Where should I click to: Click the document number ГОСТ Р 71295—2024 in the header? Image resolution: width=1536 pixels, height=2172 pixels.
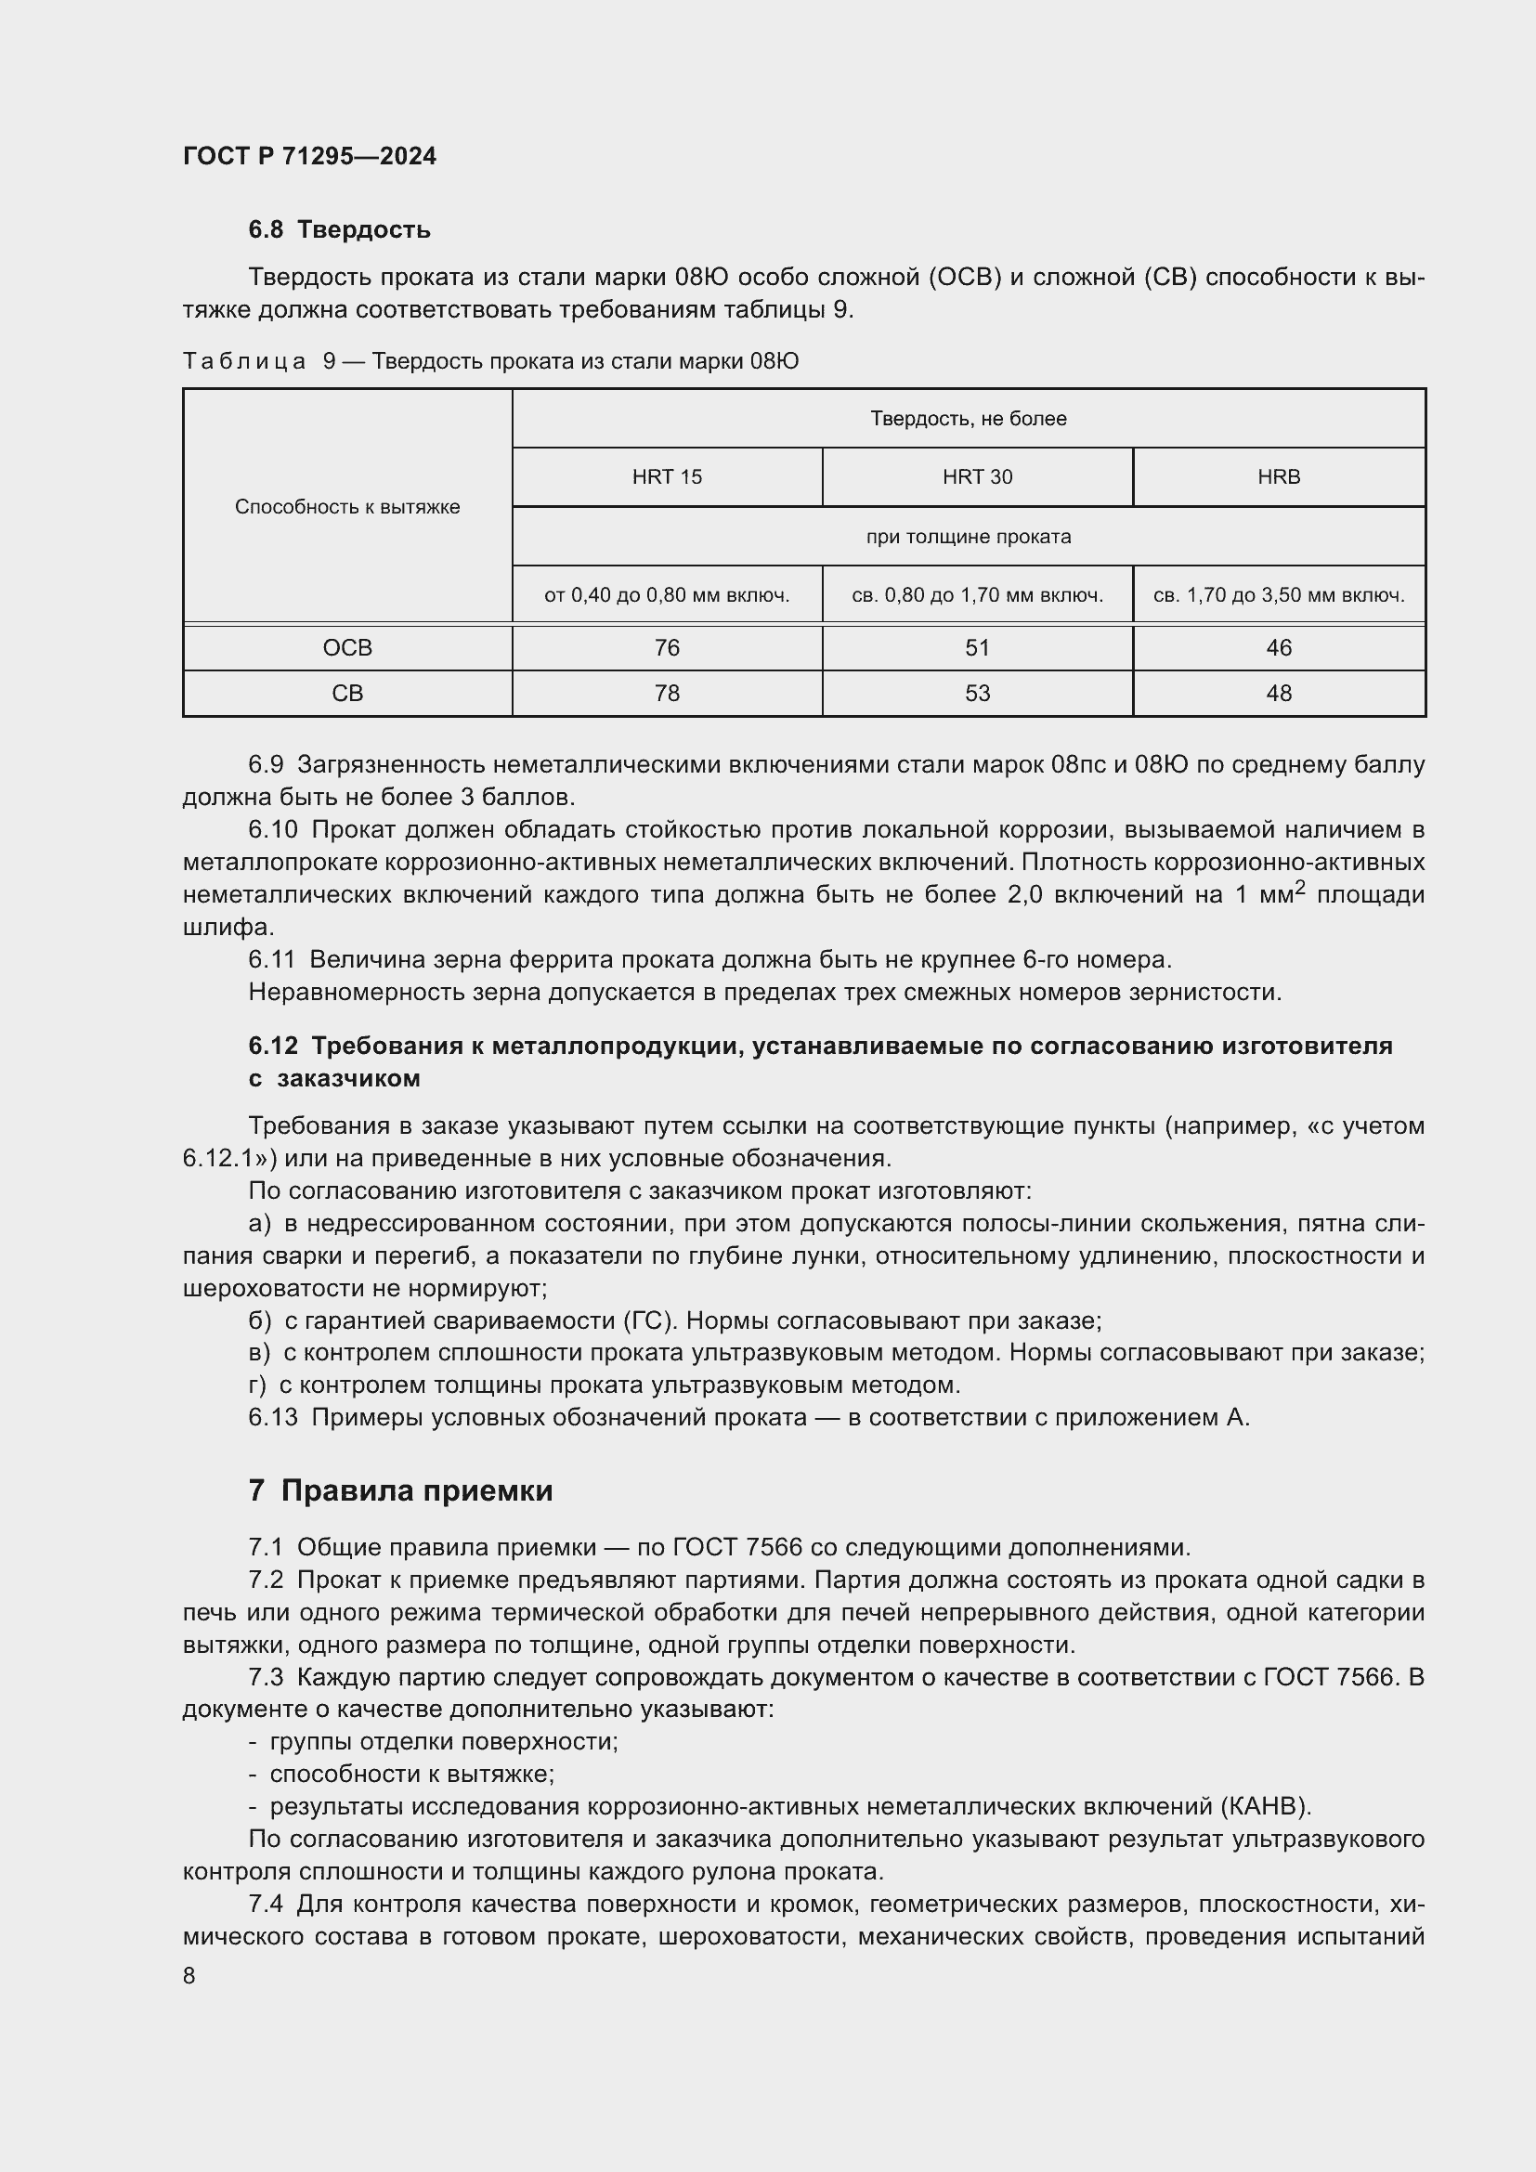309,156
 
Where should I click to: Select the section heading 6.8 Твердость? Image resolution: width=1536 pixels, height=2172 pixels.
339,229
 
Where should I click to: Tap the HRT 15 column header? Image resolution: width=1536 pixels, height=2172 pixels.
667,476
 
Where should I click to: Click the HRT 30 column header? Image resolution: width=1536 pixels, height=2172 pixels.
977,476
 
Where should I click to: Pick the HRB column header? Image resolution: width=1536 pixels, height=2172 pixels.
1279,476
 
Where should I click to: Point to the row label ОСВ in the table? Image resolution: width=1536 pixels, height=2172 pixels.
347,648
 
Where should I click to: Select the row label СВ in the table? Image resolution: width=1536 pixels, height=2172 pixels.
347,694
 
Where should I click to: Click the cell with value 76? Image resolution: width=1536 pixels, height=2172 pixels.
667,648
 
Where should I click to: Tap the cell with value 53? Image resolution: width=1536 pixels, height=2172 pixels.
977,694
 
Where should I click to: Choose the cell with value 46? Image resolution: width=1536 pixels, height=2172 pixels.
1279,648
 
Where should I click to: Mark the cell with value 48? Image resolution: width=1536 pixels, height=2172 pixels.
1279,694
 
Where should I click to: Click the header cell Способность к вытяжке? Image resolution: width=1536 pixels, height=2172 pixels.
347,507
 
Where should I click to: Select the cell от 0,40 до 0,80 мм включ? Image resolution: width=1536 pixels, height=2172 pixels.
667,595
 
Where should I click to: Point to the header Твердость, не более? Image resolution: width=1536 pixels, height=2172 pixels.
969,418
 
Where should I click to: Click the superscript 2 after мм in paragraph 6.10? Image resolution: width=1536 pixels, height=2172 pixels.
1299,887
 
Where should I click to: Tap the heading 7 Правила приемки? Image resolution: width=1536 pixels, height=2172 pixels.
400,1491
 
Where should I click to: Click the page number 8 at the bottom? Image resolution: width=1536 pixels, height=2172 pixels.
189,1975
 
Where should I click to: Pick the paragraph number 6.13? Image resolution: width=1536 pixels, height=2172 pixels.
272,1417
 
